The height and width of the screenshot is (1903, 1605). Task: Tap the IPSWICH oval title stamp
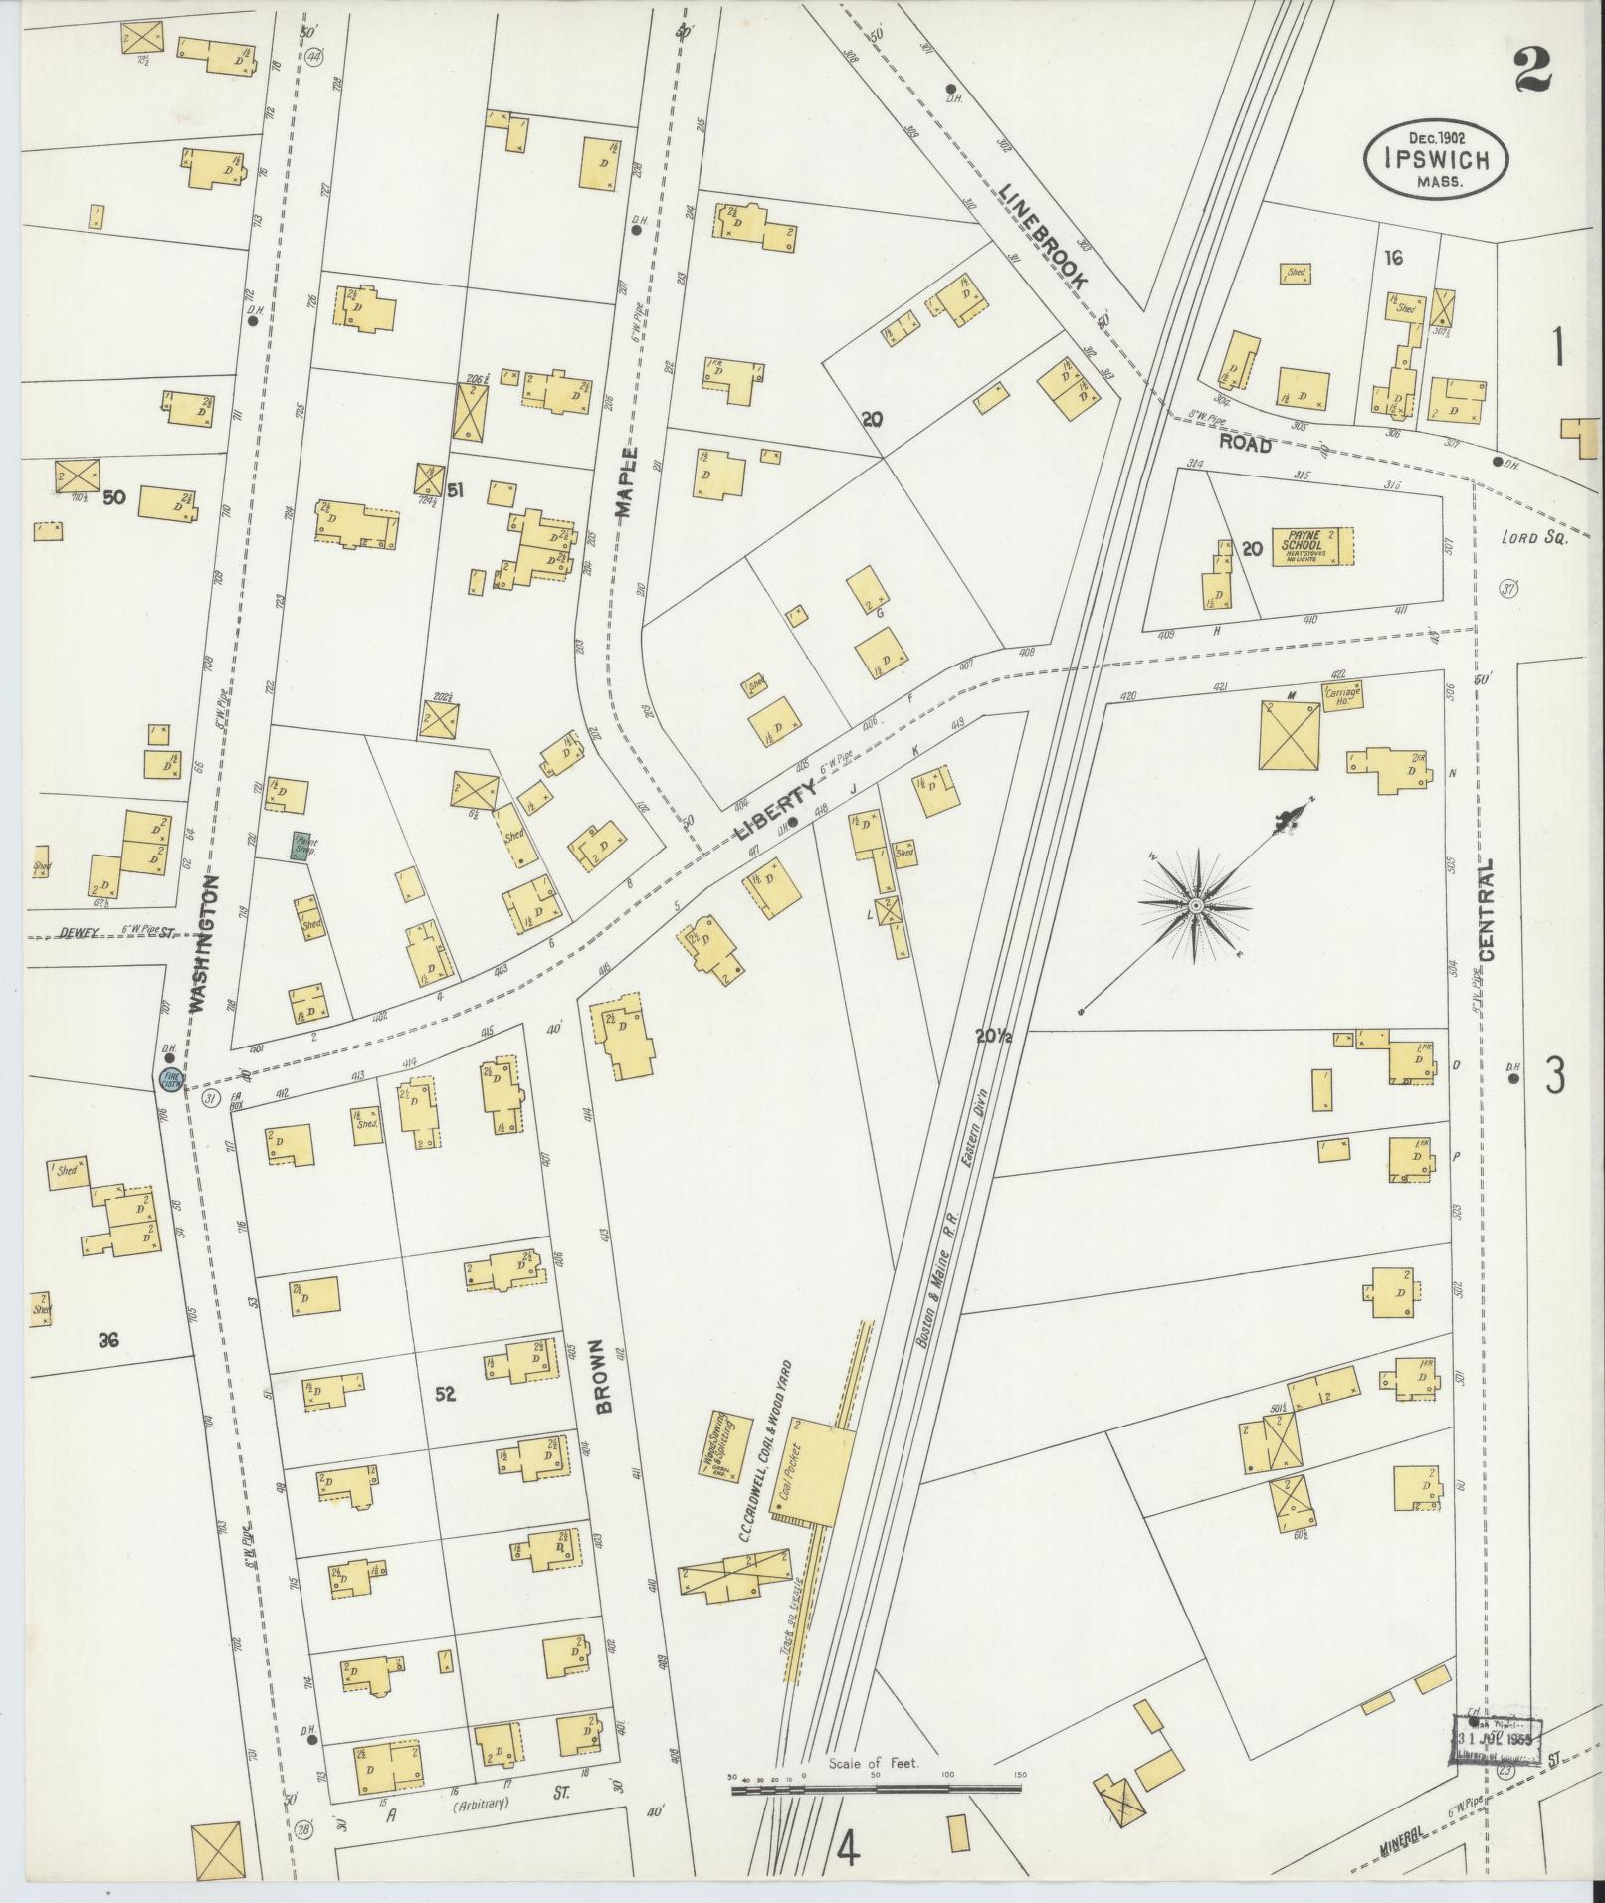1435,159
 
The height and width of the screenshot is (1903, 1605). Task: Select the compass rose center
1195,906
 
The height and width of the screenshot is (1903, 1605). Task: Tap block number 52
445,1395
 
